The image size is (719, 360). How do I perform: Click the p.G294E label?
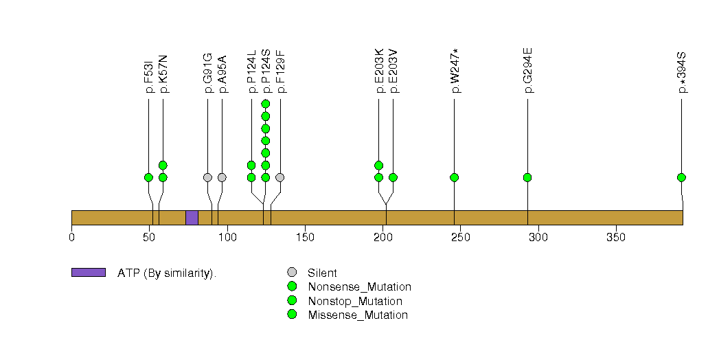[x=527, y=70]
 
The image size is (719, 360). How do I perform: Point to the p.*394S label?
[x=682, y=71]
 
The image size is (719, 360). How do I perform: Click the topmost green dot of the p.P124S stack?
[x=266, y=104]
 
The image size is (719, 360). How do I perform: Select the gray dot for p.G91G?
[x=207, y=177]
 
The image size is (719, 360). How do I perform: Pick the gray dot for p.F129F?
[x=280, y=177]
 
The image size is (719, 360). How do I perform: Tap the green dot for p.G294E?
[x=527, y=177]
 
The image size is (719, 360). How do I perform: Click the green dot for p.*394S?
[x=682, y=177]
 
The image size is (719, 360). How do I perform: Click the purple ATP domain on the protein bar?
[x=192, y=217]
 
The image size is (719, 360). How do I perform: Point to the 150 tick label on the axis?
[x=305, y=237]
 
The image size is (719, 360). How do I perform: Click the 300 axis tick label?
[x=538, y=237]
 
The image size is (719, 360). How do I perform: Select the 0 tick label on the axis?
[x=72, y=237]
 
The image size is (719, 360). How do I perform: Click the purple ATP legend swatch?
[x=89, y=272]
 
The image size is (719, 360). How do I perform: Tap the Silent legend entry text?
[x=322, y=273]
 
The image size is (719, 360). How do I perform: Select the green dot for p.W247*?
[x=455, y=177]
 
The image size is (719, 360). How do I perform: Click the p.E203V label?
[x=393, y=70]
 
